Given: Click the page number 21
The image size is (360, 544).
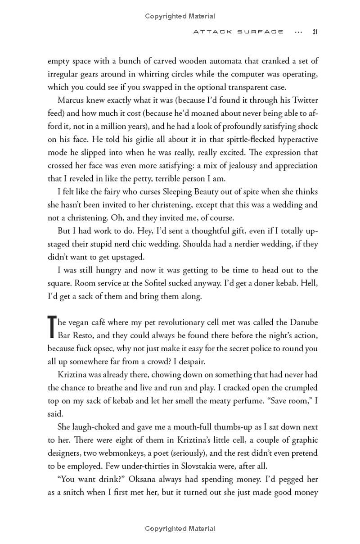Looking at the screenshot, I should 315,32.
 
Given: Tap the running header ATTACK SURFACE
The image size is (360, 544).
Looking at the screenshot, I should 238,32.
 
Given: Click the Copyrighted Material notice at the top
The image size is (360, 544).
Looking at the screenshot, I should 180,16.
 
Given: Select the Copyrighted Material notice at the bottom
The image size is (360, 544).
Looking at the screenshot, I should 180,529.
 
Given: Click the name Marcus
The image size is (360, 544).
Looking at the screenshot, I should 72,100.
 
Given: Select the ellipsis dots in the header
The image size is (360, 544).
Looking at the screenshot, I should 297,32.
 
